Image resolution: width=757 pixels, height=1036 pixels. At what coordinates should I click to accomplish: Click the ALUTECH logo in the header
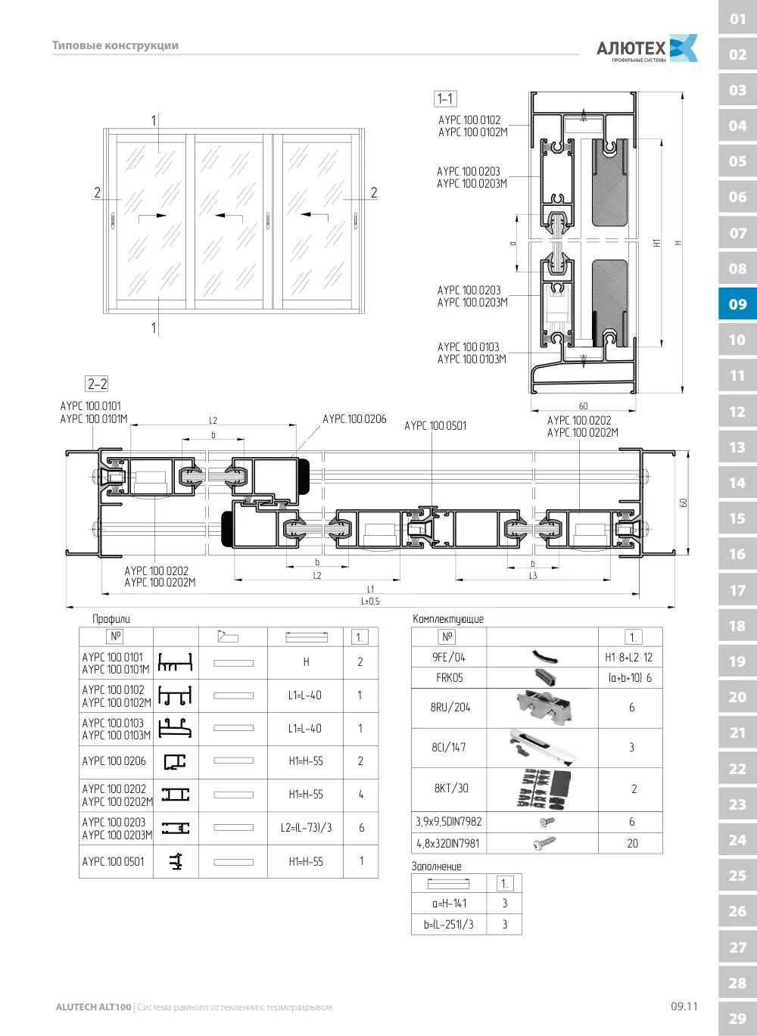tap(646, 48)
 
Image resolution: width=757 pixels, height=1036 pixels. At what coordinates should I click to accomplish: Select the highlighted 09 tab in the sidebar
tap(737, 304)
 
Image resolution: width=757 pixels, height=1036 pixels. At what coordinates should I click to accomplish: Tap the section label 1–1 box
tap(445, 98)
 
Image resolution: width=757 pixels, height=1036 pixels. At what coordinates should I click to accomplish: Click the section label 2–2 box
tap(97, 384)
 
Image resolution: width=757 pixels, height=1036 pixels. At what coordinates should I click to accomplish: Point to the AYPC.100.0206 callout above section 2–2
tap(354, 419)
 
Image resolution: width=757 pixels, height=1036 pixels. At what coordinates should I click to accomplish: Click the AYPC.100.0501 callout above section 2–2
tap(435, 426)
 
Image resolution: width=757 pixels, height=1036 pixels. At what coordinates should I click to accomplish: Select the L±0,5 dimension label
tap(370, 602)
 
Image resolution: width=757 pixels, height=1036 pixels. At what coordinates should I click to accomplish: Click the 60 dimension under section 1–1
tap(584, 406)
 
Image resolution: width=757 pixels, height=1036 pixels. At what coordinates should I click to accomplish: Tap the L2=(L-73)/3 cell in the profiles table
tap(306, 828)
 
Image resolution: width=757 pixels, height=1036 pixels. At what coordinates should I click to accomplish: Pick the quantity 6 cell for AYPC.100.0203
tap(361, 828)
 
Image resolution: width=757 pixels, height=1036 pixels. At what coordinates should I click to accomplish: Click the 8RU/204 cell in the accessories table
tap(450, 708)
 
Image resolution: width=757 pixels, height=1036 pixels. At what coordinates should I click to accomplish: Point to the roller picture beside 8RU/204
tap(544, 707)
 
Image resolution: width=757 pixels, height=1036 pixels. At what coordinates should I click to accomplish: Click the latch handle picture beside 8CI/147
tap(543, 748)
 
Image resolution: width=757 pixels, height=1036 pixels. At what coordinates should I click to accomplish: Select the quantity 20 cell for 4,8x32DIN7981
tap(632, 844)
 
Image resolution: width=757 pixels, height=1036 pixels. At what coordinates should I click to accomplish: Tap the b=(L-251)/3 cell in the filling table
tap(448, 925)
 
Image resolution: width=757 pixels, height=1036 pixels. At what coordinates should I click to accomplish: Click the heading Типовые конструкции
tap(115, 45)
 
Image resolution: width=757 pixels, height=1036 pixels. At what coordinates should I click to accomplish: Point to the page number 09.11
tap(684, 1006)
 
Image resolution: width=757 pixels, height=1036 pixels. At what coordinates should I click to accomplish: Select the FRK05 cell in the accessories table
tap(450, 677)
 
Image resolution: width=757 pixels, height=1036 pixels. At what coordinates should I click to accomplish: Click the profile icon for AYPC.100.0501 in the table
tap(176, 861)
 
